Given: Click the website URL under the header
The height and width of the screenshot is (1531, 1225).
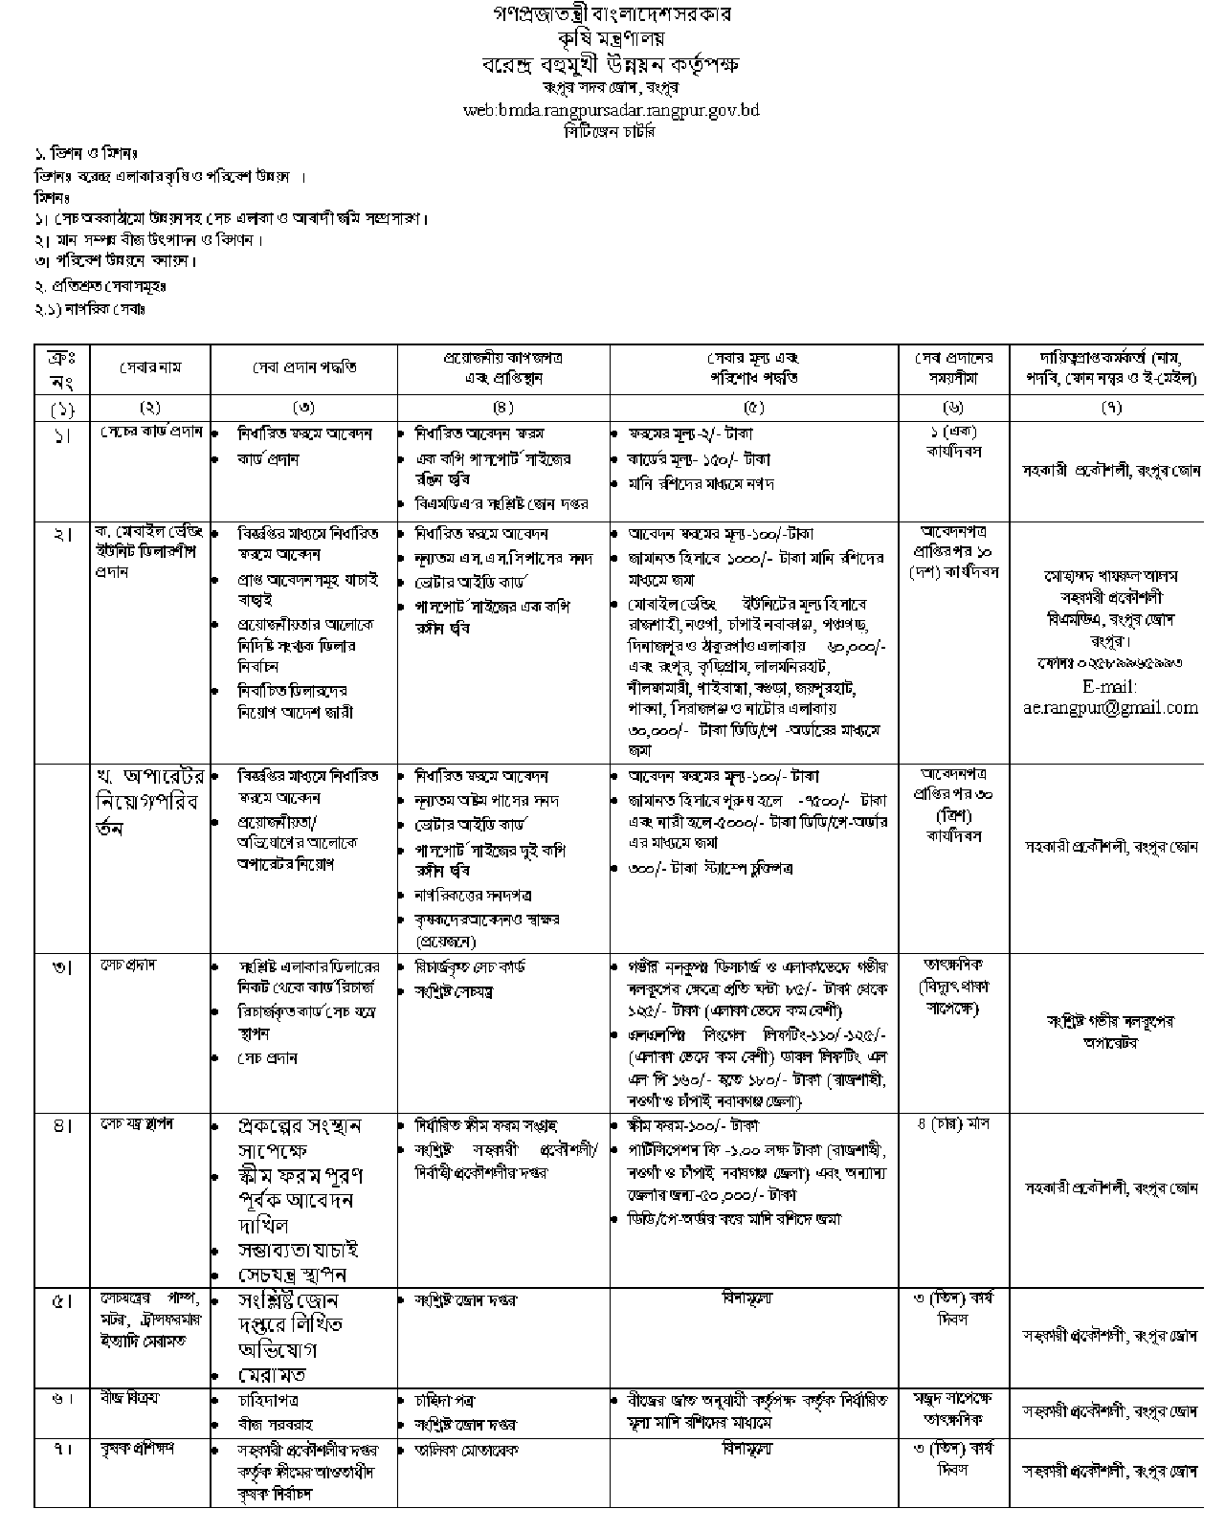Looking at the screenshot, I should click(611, 110).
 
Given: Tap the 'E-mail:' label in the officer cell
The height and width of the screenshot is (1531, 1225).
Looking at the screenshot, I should click(1110, 687).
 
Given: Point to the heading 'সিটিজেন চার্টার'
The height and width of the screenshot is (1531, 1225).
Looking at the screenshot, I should click(611, 132).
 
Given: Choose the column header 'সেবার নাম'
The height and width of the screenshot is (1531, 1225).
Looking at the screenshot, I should click(150, 367).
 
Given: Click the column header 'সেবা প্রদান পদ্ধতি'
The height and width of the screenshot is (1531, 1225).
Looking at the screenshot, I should click(304, 367).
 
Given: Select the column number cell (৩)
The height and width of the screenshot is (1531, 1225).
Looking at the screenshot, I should click(304, 407).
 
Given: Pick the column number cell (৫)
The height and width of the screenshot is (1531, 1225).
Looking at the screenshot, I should click(754, 407).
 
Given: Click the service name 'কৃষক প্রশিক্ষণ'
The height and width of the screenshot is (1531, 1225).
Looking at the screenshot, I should click(139, 1449).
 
